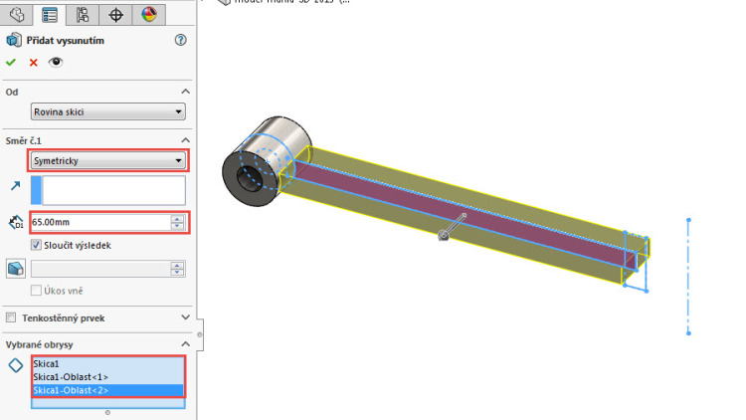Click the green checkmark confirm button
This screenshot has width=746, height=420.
tap(11, 62)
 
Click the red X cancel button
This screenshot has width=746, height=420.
tap(33, 62)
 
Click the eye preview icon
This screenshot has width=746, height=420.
tap(56, 62)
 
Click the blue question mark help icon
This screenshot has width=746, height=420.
tap(180, 40)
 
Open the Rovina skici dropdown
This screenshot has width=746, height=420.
tap(107, 112)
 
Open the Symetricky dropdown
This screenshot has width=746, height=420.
tap(107, 160)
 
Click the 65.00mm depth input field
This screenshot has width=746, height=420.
tap(99, 223)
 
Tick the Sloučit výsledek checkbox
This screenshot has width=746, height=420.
tap(37, 244)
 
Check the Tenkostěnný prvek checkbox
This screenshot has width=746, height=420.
tap(11, 317)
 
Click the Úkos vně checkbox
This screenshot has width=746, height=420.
tap(37, 290)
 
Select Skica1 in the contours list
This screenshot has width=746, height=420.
tap(46, 364)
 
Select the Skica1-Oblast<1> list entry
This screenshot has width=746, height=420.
tap(70, 377)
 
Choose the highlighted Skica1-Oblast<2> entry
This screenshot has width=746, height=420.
tap(70, 390)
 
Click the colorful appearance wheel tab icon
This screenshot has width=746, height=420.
tap(148, 14)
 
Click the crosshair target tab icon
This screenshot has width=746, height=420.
tap(115, 14)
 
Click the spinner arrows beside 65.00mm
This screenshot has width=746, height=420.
tap(177, 223)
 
